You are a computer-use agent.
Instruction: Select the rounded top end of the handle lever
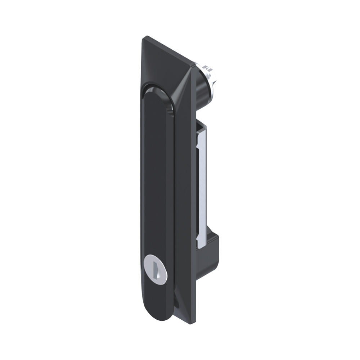pos(157,91)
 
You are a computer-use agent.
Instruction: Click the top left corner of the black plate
pos(147,36)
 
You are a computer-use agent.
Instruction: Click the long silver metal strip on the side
pos(202,187)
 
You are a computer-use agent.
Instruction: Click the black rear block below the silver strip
pos(212,241)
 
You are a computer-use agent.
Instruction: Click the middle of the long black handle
pos(157,180)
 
